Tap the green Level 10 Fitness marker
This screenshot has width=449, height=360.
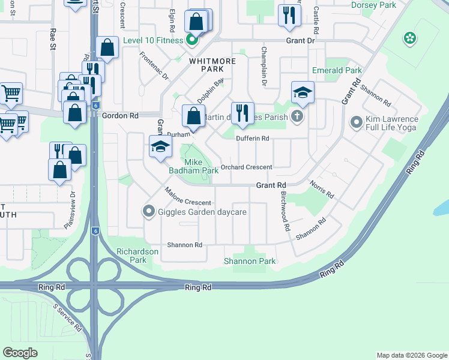[192, 41]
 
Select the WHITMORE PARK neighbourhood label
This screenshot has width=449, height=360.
[210, 65]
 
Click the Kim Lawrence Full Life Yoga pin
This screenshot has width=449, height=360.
[356, 123]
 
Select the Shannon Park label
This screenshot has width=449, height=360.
[249, 261]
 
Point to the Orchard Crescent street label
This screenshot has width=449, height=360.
[246, 167]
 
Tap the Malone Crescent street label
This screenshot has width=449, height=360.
[188, 197]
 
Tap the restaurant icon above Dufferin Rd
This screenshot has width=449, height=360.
[243, 113]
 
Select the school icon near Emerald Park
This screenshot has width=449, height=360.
[303, 92]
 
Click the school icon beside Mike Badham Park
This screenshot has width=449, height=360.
[160, 147]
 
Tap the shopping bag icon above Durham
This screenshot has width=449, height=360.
[193, 116]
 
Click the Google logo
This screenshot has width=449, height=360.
[20, 353]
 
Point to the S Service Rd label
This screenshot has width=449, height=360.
[67, 319]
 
